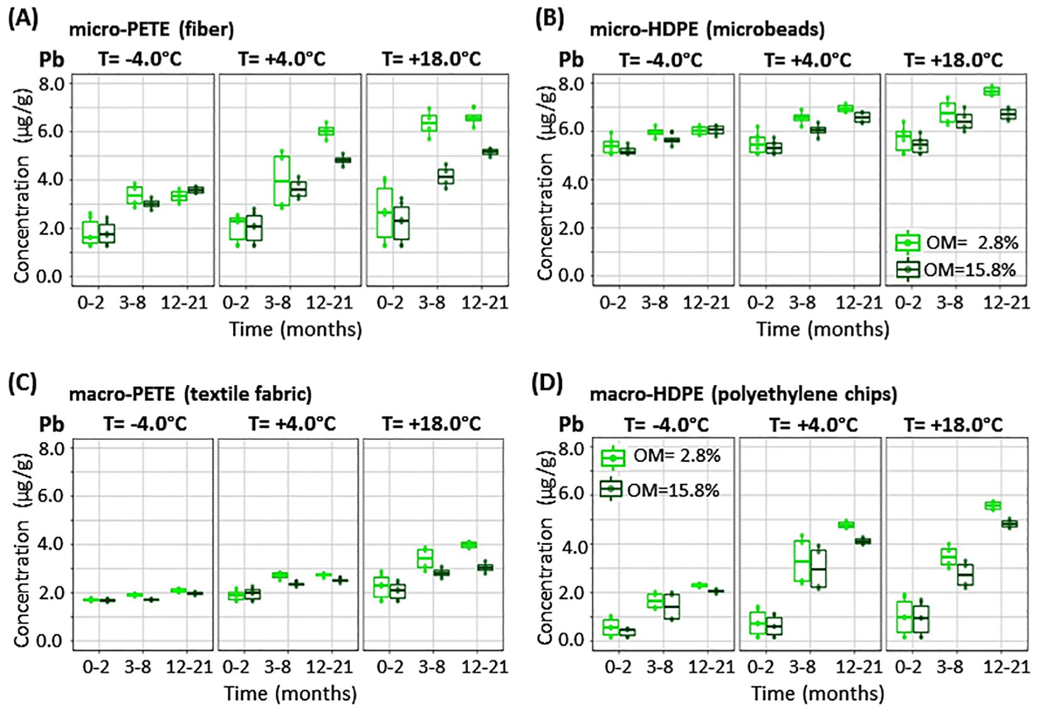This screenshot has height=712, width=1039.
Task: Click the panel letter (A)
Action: click(23, 18)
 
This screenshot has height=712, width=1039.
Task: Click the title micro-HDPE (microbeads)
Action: click(707, 29)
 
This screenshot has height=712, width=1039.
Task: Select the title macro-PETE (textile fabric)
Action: click(190, 394)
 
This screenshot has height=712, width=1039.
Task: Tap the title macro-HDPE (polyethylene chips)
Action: click(743, 394)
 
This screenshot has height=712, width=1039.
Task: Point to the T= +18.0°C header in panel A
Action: click(431, 59)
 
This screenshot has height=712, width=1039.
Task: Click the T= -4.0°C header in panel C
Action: click(144, 424)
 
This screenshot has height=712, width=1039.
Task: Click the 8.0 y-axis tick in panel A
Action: click(52, 84)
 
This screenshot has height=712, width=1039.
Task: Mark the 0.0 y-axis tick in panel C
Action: click(52, 641)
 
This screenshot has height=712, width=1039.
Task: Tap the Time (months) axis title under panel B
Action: click(822, 329)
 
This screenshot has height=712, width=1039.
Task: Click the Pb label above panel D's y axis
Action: click(570, 425)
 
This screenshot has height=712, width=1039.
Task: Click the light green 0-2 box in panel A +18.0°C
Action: click(385, 212)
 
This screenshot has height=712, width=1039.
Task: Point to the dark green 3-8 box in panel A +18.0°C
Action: click(445, 177)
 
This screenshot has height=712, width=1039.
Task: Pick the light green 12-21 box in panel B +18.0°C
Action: click(992, 91)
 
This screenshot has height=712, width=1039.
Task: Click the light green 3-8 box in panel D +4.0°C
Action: click(801, 561)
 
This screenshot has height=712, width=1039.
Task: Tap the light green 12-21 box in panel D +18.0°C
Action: click(993, 505)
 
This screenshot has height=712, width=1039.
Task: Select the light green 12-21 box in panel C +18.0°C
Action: click(469, 545)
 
